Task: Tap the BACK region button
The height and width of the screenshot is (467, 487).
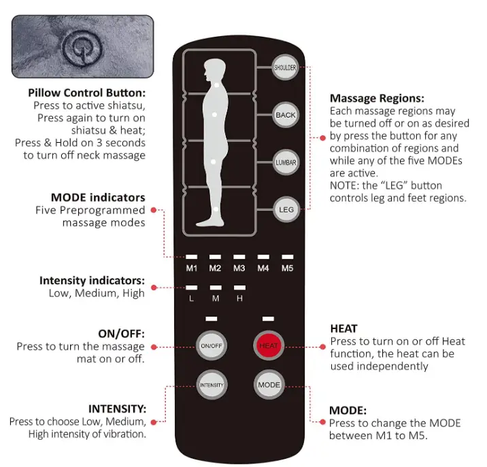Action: click(286, 115)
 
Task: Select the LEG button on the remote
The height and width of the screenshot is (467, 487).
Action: click(286, 210)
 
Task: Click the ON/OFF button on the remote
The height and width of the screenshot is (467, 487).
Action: click(212, 345)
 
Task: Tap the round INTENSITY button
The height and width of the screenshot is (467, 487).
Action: click(212, 385)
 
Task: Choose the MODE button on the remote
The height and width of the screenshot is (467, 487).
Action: click(269, 385)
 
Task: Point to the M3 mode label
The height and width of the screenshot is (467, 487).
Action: click(239, 268)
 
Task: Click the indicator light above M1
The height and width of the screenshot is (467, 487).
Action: click(192, 257)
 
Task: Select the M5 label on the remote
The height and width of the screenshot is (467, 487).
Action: click(287, 268)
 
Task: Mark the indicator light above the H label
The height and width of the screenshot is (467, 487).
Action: click(239, 288)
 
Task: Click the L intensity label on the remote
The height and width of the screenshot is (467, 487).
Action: click(192, 298)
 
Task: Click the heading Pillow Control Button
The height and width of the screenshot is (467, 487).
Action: click(87, 92)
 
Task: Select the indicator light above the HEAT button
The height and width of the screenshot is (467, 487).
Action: click(268, 318)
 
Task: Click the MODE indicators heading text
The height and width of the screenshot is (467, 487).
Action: click(98, 198)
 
